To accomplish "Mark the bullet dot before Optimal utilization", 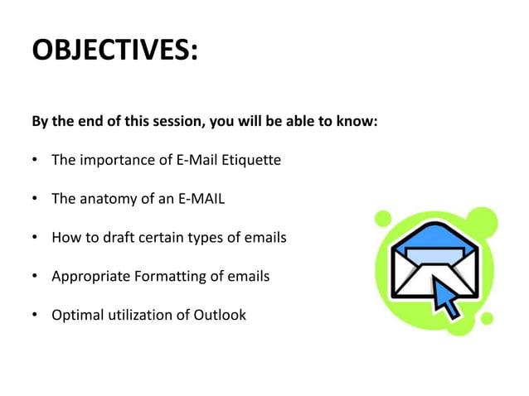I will coord(36,316).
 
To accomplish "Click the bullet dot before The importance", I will coord(36,159).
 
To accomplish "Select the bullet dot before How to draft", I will coord(36,239).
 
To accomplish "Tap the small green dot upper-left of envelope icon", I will coord(382,219).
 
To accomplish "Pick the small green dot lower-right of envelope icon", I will coord(488,318).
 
